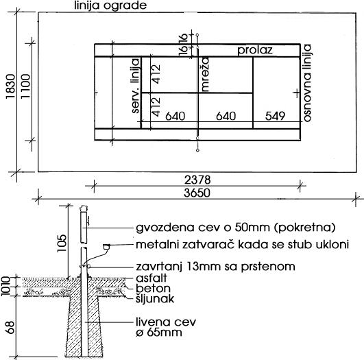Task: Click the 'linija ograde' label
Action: [x=110, y=5]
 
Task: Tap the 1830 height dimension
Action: [x=10, y=86]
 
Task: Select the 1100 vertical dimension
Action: [x=25, y=86]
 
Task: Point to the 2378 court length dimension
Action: [x=197, y=180]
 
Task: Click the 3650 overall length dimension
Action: [x=197, y=193]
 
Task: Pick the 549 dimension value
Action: [x=275, y=116]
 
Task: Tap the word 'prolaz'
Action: [x=255, y=50]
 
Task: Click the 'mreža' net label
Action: [x=205, y=74]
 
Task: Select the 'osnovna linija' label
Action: [x=307, y=83]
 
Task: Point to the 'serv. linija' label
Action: [x=135, y=86]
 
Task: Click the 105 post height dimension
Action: [x=62, y=243]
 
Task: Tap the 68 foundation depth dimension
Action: [x=10, y=327]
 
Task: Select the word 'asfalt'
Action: [x=151, y=278]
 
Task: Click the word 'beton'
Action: [x=154, y=288]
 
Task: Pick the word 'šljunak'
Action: [x=155, y=299]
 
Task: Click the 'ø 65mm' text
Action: [x=159, y=333]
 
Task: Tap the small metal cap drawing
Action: [x=106, y=246]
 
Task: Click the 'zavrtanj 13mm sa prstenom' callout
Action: [x=215, y=266]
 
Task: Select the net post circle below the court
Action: [x=197, y=150]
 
